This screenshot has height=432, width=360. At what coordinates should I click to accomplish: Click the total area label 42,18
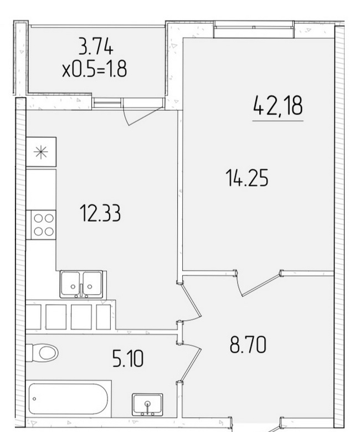(277, 105)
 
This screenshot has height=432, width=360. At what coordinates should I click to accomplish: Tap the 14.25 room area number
(247, 178)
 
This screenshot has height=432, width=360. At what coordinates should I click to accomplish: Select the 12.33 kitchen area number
(100, 213)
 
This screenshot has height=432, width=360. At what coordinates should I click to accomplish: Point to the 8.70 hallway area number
(248, 344)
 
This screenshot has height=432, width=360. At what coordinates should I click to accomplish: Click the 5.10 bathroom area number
(128, 358)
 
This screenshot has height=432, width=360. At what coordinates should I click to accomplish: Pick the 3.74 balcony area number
(96, 47)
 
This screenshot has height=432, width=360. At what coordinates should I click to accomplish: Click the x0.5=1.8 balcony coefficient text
(95, 69)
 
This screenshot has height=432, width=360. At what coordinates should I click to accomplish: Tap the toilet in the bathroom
(42, 352)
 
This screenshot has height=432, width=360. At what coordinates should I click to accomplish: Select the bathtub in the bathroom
(68, 398)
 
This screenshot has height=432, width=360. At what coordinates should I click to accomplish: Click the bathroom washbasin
(147, 404)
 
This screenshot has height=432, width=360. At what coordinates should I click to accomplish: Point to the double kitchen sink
(81, 284)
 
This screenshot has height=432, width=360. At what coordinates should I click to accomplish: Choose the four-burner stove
(43, 225)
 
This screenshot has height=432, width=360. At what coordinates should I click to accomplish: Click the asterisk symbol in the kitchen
(41, 152)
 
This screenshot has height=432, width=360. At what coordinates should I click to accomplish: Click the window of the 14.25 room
(254, 27)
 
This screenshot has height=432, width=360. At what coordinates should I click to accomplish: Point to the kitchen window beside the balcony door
(107, 103)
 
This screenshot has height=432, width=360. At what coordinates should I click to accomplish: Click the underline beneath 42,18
(277, 121)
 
